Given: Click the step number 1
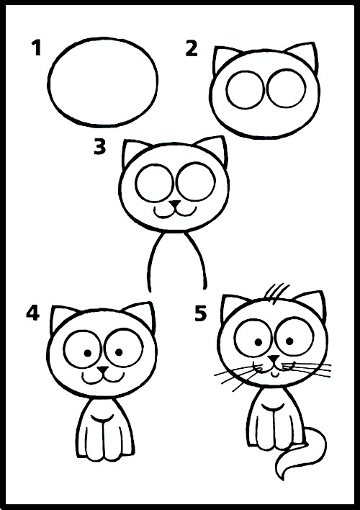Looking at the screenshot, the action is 37,48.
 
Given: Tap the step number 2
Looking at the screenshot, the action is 192,49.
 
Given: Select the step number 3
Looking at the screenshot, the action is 100,147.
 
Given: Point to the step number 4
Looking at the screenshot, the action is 33,313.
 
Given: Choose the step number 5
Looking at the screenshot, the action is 201,313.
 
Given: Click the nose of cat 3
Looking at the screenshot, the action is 175,205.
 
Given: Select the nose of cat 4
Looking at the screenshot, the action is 104,370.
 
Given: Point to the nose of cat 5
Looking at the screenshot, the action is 274,359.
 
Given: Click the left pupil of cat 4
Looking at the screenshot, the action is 88,352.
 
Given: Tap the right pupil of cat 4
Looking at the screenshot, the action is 119,352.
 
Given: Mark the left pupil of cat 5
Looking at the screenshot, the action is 258,342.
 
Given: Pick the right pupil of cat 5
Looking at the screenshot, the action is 289,341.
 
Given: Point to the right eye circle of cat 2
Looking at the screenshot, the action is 287,88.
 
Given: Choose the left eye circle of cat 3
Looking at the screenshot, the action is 155,184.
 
